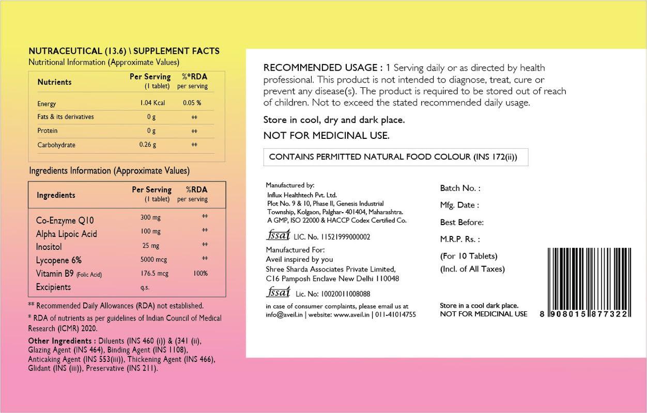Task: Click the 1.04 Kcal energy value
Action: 152,103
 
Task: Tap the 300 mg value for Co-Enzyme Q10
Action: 150,218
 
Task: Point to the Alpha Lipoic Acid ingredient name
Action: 66,234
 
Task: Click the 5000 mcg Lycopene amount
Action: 154,259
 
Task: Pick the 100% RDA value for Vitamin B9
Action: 201,274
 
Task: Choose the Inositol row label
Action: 49,247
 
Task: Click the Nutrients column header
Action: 54,82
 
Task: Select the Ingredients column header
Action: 56,195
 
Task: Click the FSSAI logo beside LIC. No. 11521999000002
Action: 278,235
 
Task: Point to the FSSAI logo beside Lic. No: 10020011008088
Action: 278,293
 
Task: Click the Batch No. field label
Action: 460,188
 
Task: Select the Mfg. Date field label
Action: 459,205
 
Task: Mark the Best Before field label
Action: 461,223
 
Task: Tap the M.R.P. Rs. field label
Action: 460,239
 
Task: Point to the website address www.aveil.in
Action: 352,314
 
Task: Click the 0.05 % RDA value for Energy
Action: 192,103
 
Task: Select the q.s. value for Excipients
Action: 145,288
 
